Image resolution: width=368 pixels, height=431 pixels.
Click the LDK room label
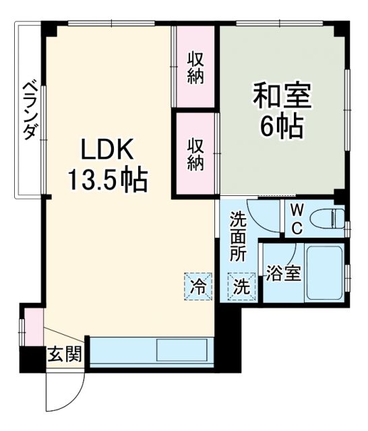tap(109, 150)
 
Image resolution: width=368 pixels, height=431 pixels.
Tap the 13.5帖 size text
tap(107, 179)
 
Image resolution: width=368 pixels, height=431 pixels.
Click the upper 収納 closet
tap(195, 67)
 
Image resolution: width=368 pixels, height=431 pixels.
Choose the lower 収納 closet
tap(195, 154)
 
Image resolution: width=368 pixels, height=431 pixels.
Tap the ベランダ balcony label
tap(30, 111)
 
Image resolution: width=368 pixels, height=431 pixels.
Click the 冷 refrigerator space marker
tap(198, 286)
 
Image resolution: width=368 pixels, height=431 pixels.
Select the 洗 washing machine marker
tap(241, 286)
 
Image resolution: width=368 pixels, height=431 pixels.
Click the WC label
tap(297, 218)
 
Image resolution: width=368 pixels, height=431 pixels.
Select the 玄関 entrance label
tap(65, 355)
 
